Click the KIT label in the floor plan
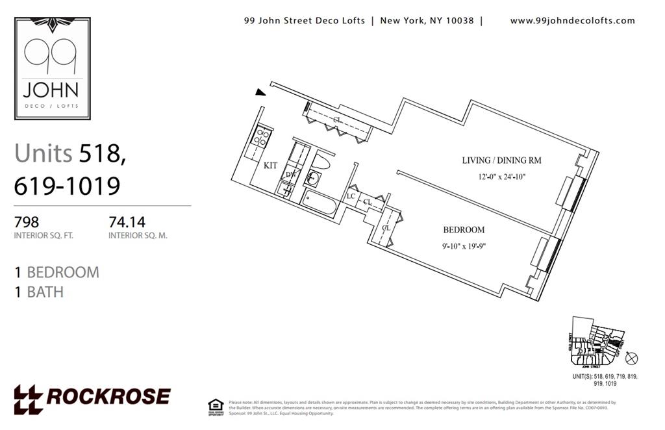[270, 166]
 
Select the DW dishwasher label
[290, 175]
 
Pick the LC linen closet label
[351, 196]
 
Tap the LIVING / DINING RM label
[501, 160]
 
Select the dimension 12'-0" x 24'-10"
[501, 176]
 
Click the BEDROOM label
[464, 230]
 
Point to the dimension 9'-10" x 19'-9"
[464, 246]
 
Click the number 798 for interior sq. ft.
[27, 222]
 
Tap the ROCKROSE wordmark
[92, 397]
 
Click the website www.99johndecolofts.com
[572, 21]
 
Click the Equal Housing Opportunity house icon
[216, 405]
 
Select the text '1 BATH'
[39, 292]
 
